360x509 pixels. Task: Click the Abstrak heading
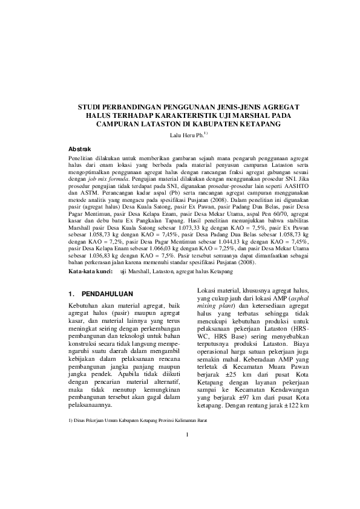[79, 148]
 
